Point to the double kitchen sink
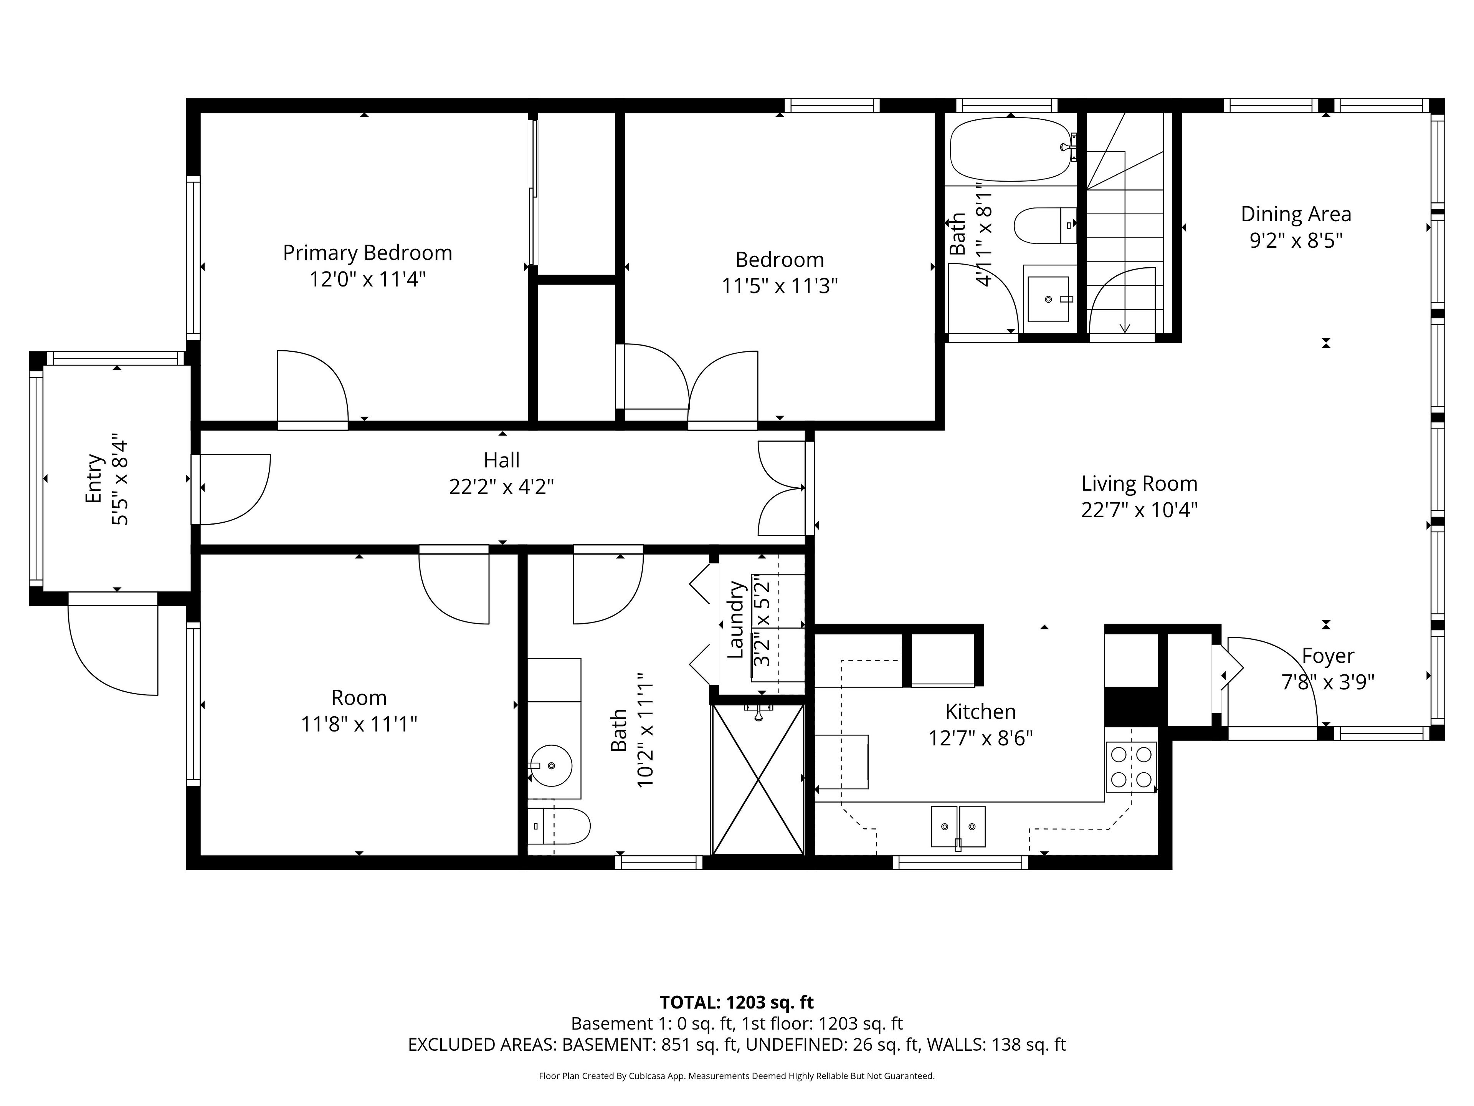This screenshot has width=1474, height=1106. coord(958,827)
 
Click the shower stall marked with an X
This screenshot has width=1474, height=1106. coord(758,779)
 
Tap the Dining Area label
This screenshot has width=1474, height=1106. coord(1296,214)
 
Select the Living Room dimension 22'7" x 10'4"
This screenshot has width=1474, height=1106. coord(1140,510)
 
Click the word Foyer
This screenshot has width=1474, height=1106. coord(1328,656)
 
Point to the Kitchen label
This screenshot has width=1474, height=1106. coord(980,712)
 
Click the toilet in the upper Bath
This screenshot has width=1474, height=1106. coord(1045,225)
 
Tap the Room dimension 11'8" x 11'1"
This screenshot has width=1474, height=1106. coord(359,724)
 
